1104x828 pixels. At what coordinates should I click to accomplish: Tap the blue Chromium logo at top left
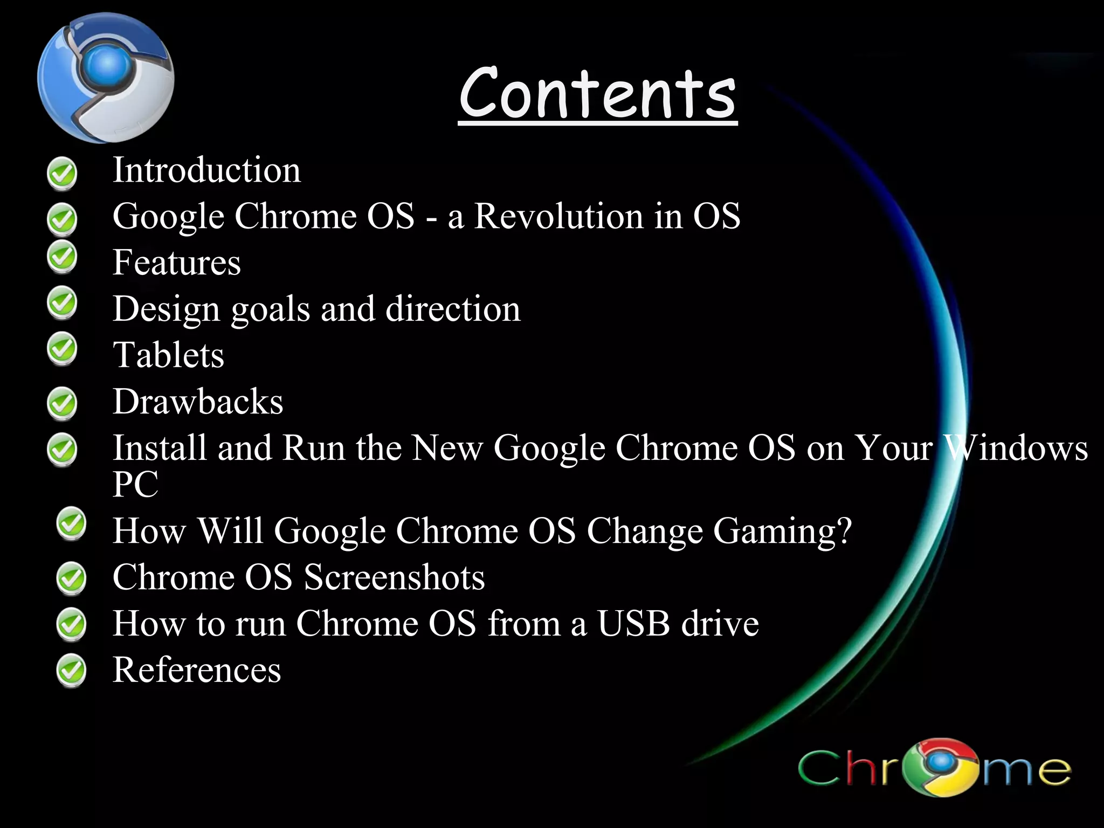[106, 78]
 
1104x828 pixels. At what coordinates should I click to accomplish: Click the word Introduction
[206, 170]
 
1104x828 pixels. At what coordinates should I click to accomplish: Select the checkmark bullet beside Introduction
[62, 174]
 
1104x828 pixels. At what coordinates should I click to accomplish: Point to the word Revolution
[558, 216]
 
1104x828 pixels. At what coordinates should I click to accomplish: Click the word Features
[176, 263]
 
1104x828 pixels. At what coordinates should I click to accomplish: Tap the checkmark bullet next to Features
[62, 257]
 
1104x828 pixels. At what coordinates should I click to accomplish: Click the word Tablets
[168, 356]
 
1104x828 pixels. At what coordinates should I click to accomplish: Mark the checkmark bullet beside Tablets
[62, 349]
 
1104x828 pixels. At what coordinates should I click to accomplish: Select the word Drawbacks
[197, 402]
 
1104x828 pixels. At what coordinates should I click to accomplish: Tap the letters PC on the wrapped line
[135, 484]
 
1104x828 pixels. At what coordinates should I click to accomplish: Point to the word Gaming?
[782, 531]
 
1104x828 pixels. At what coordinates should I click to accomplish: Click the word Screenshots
[394, 578]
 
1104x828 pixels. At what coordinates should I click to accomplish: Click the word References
[196, 670]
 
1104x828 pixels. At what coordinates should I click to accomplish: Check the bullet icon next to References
[71, 670]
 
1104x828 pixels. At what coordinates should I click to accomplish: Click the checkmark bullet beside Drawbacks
[62, 403]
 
